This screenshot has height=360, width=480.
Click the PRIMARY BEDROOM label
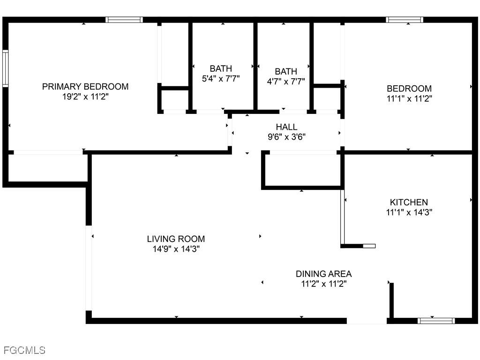85,87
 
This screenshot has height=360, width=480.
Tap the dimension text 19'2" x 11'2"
85,97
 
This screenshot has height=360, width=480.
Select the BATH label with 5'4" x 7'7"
221,68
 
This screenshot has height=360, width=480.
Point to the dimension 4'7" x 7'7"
285,81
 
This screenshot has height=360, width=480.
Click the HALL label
286,127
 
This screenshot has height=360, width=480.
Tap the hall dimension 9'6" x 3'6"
286,137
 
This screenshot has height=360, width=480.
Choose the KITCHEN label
409,202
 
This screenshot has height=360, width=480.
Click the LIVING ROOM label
176,239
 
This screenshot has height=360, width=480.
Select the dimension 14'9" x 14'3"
176,249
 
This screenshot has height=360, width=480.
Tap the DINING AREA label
323,274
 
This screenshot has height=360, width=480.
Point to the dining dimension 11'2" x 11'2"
323,284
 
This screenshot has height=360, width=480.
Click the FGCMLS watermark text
24,350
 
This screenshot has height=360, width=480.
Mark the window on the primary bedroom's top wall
124,20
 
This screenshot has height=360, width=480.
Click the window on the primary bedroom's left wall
5,69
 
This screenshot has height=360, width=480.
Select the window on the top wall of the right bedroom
405,20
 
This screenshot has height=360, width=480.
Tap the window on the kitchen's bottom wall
436,321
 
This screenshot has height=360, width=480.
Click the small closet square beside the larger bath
174,99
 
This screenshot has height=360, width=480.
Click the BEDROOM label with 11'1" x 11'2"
409,89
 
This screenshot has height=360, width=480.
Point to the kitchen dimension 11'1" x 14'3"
409,212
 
